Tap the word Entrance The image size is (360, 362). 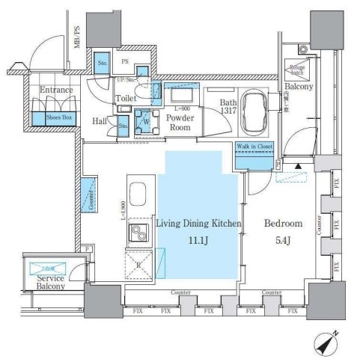(x=57, y=90)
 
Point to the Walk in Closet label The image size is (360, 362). (x=254, y=148)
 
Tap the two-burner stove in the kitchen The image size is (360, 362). (x=138, y=235)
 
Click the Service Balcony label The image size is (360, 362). (x=50, y=282)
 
